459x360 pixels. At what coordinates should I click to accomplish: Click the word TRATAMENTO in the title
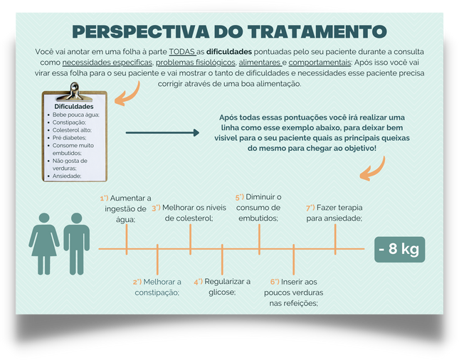(317, 31)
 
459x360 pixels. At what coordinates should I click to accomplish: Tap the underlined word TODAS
(181, 52)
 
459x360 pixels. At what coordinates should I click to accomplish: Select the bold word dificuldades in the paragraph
(229, 52)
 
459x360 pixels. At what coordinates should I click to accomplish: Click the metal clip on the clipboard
(73, 92)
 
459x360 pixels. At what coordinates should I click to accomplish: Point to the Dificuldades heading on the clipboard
(74, 107)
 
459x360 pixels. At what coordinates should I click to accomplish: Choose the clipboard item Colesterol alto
(72, 130)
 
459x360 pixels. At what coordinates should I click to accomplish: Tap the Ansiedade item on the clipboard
(67, 176)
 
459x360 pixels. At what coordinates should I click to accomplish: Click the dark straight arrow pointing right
(162, 132)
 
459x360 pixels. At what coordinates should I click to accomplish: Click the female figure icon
(44, 244)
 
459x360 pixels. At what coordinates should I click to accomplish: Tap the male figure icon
(77, 244)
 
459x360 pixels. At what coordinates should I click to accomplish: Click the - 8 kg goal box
(399, 249)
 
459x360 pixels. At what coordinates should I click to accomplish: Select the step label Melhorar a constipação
(157, 287)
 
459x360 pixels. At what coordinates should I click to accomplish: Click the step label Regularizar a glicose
(222, 287)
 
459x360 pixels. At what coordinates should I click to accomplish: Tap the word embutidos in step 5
(258, 218)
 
